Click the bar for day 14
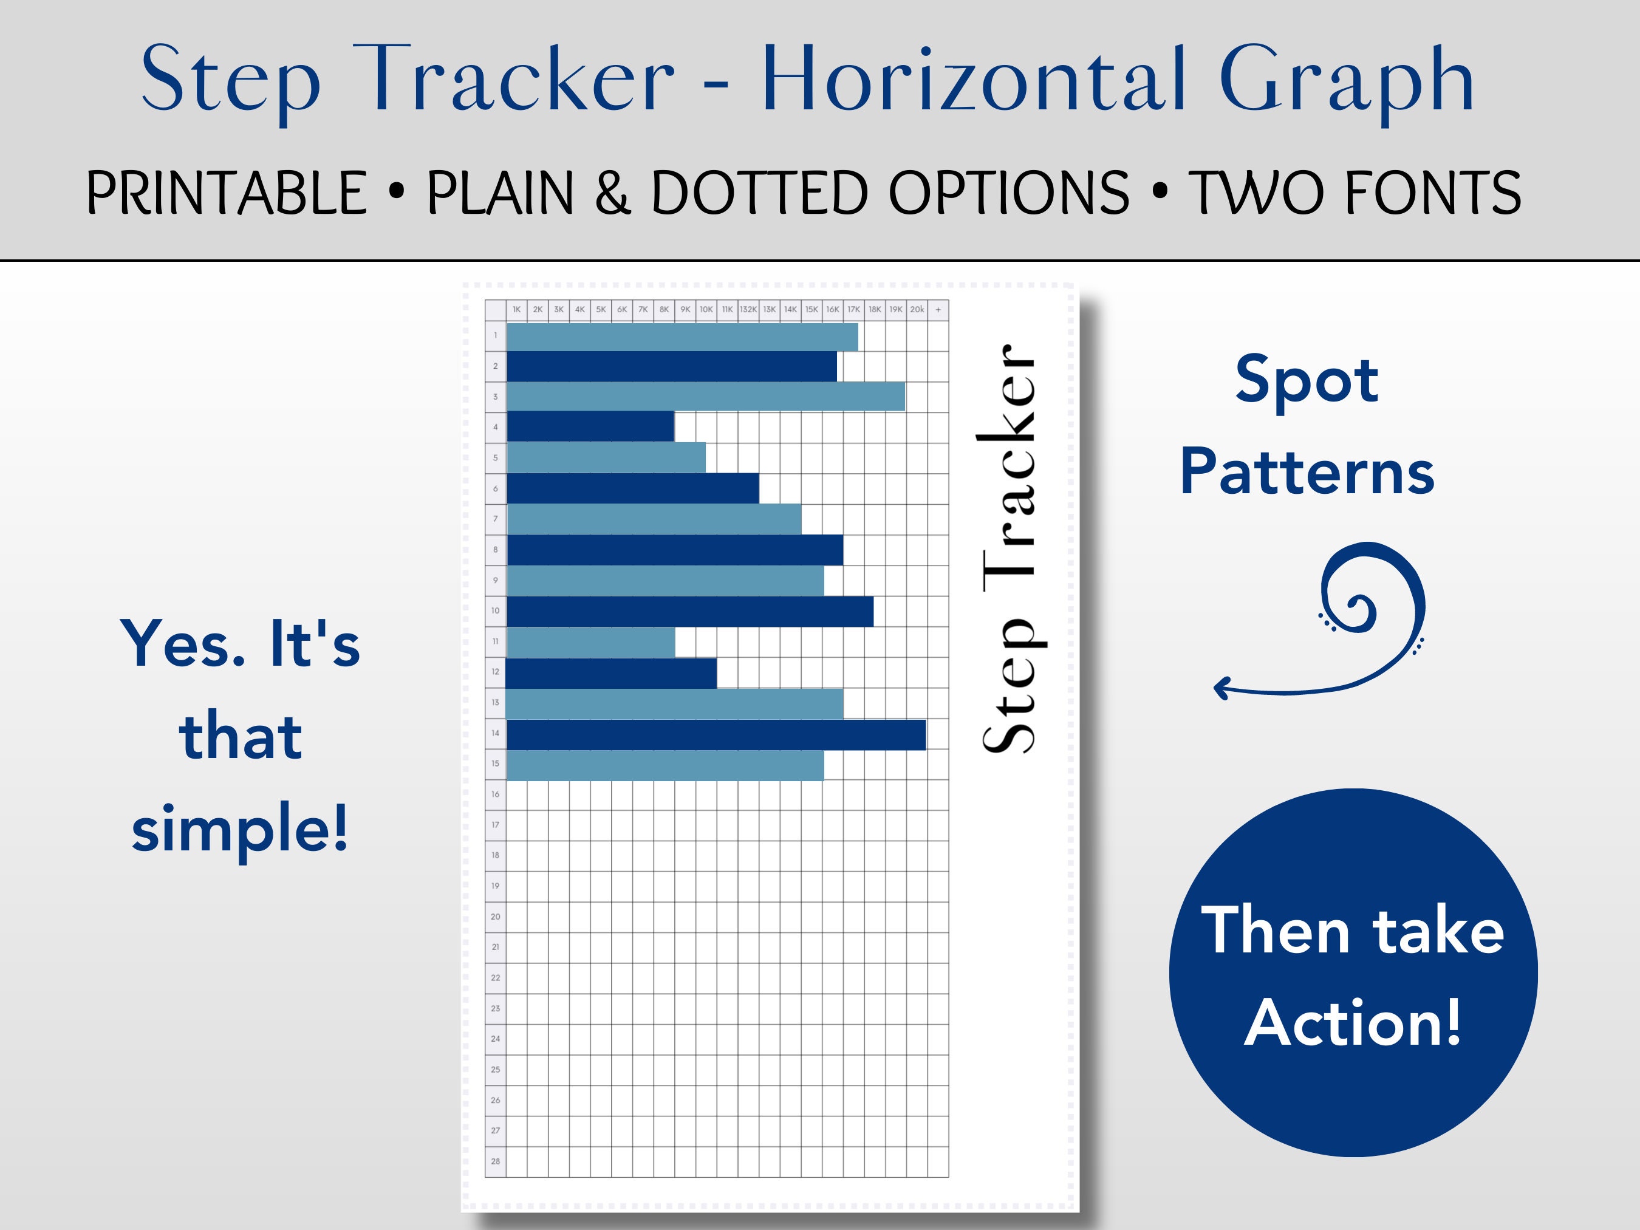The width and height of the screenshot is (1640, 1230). click(716, 734)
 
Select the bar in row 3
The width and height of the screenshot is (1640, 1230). click(705, 397)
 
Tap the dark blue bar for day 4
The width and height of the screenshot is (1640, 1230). click(590, 426)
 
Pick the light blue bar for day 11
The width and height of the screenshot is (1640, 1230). click(590, 641)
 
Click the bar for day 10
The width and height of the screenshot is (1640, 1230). click(689, 611)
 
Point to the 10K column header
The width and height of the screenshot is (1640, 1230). click(706, 310)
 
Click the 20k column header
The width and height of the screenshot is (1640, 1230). click(917, 310)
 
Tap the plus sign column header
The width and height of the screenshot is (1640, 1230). click(938, 310)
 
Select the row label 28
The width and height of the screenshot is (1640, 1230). click(495, 1161)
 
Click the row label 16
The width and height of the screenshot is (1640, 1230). click(495, 794)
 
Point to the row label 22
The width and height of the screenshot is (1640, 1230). click(495, 978)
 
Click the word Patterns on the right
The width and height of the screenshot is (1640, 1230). click(1307, 473)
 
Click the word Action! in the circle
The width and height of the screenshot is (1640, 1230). click(1353, 1022)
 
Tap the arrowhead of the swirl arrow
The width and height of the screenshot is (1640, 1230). click(1220, 689)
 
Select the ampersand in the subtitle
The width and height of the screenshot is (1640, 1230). click(612, 193)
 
